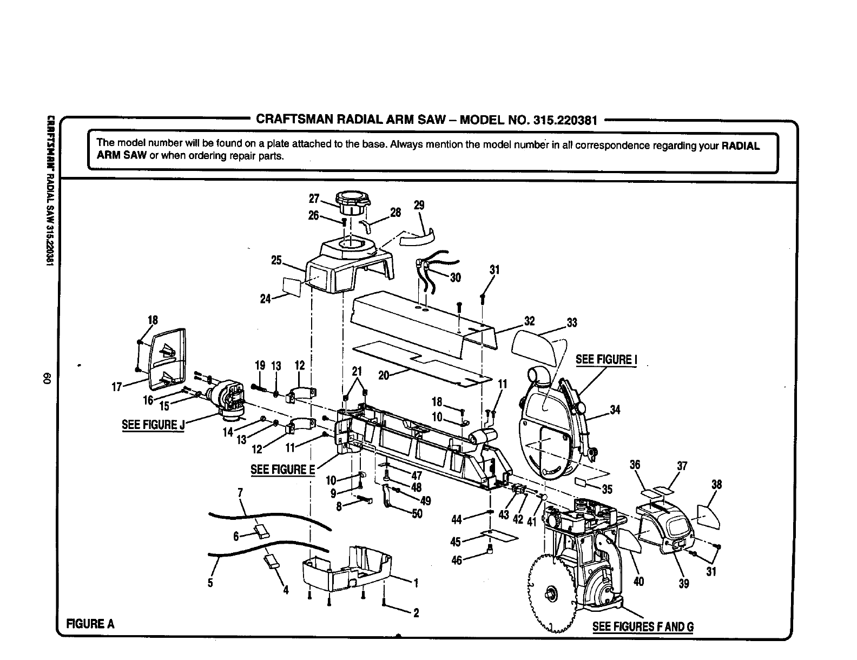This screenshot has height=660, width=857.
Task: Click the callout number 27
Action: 314,197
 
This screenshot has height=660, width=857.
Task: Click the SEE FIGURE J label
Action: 153,424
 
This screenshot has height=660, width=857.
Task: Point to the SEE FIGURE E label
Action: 282,468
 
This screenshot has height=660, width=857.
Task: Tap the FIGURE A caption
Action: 90,623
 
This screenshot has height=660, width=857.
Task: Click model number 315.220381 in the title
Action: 565,120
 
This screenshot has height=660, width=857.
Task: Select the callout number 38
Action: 716,485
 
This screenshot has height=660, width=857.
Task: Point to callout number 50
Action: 417,514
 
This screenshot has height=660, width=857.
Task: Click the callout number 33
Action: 572,324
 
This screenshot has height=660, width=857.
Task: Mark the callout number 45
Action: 456,542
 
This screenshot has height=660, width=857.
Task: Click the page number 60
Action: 47,379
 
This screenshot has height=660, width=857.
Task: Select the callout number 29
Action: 419,205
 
